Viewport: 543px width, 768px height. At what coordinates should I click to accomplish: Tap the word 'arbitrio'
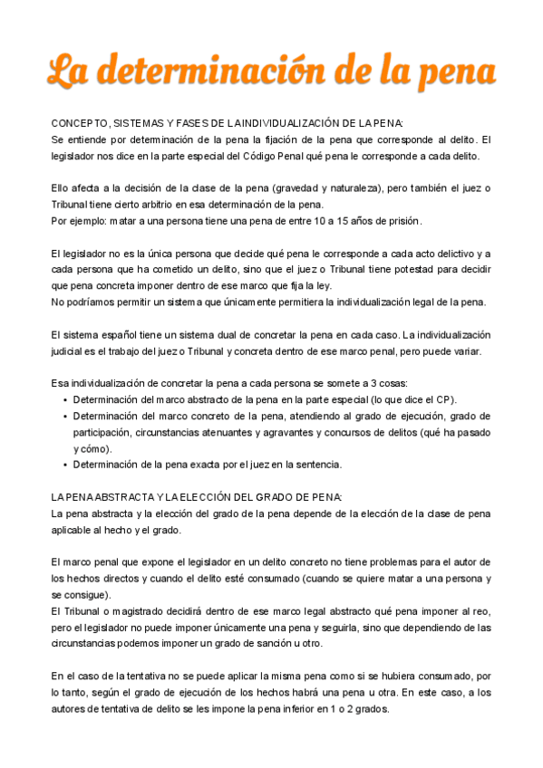[x=161, y=206]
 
